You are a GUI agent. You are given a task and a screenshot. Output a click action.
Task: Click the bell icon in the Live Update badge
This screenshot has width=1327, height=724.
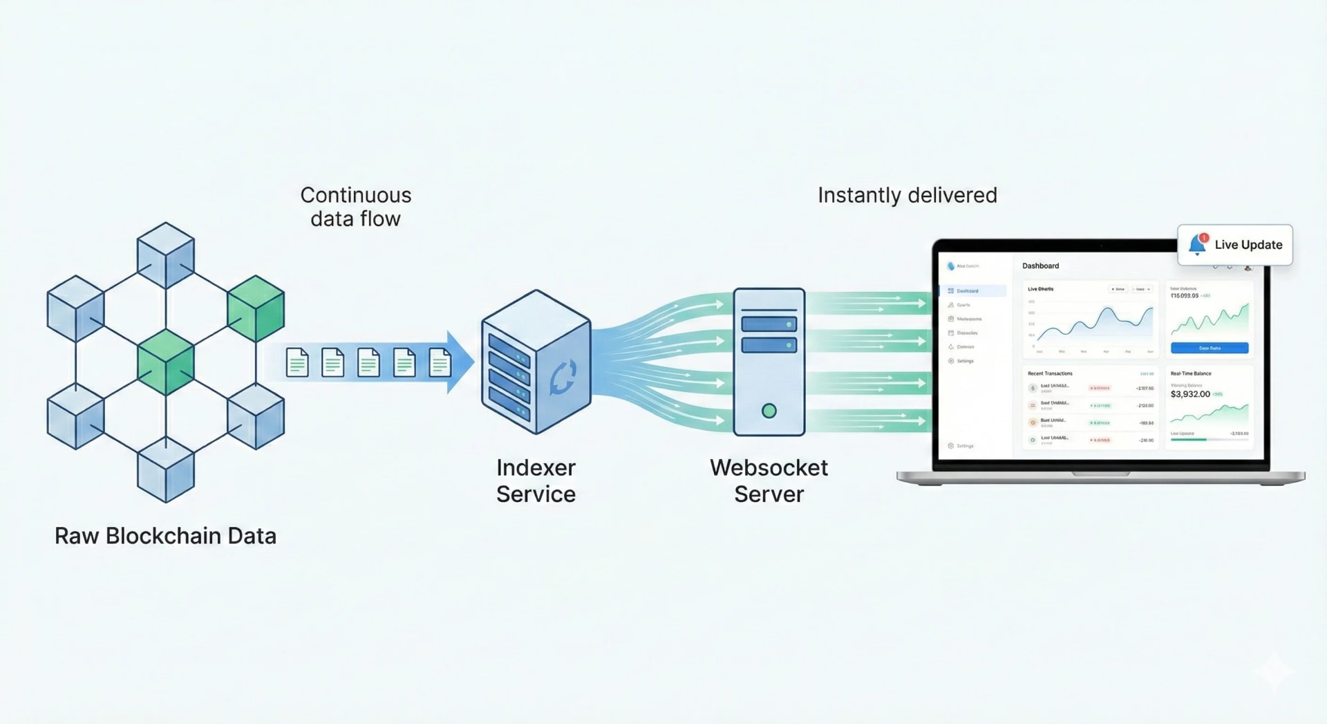[1197, 245]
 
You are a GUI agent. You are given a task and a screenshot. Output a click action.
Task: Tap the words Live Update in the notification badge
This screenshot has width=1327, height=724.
[1248, 245]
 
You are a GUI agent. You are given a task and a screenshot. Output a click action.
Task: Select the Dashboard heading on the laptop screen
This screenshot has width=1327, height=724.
[1040, 266]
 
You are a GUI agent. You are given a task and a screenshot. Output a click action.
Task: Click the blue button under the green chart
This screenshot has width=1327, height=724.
[1209, 348]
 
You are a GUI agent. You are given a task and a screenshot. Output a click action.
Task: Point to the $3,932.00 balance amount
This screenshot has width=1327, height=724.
[1189, 394]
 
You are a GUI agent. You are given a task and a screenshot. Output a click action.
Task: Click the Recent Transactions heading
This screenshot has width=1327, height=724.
[1050, 373]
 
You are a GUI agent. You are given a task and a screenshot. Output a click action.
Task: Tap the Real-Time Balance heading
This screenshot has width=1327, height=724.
[1190, 373]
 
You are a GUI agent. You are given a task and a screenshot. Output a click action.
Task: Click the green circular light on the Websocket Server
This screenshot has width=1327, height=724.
[769, 411]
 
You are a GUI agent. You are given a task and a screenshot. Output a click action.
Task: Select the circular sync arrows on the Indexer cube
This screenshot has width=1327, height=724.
[563, 378]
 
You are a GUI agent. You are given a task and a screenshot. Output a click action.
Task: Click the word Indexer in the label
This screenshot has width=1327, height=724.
[536, 468]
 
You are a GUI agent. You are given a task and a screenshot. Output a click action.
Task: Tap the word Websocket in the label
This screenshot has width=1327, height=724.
[769, 468]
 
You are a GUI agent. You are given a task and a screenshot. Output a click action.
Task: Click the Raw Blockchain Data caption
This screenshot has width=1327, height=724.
[165, 536]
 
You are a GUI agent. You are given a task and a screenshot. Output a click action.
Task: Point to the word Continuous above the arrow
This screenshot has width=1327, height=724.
[355, 195]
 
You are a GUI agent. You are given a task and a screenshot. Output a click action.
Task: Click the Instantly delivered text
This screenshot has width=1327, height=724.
[907, 195]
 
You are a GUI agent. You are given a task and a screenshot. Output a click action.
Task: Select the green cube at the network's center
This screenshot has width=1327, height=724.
[165, 362]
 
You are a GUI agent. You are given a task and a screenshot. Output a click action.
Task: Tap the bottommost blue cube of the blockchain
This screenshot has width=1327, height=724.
[165, 470]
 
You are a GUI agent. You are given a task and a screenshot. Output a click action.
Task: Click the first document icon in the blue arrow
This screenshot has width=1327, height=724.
[297, 362]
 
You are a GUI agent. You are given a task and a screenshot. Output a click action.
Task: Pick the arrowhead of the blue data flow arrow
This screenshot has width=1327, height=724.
[460, 362]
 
